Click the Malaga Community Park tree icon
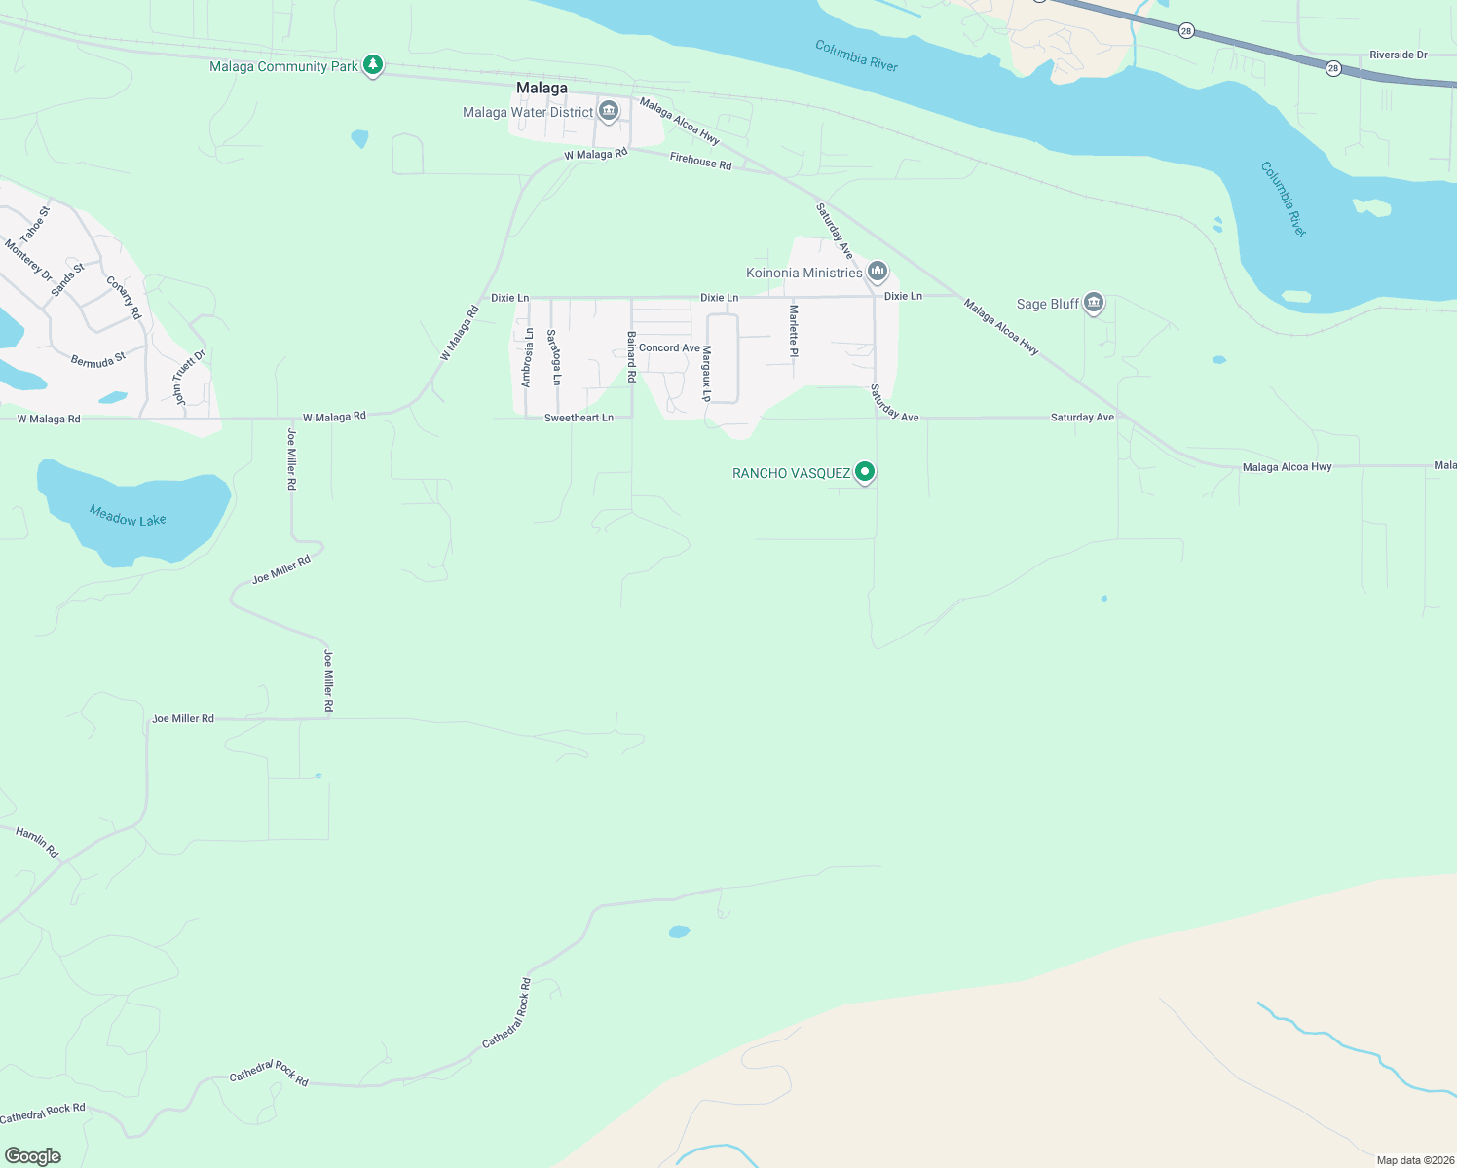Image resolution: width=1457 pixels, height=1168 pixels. (x=372, y=65)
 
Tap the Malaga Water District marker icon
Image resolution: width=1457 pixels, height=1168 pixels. (x=609, y=112)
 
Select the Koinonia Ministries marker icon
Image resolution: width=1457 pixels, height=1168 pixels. (x=877, y=272)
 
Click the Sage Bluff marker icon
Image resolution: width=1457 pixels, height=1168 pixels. (x=1093, y=303)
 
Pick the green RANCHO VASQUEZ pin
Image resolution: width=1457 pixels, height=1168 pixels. (x=864, y=472)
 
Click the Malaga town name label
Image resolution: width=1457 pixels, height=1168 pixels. (x=542, y=88)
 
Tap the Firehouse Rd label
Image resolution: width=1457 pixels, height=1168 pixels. (x=700, y=162)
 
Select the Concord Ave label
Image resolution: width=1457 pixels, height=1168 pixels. (x=669, y=347)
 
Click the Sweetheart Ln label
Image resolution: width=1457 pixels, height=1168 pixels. (x=579, y=418)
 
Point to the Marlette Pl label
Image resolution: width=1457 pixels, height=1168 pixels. (x=794, y=331)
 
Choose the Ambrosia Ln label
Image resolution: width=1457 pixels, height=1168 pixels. (x=527, y=357)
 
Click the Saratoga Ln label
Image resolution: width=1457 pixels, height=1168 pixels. (x=553, y=357)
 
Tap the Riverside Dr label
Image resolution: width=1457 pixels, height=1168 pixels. (x=1398, y=55)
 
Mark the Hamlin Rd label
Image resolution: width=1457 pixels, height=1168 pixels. (x=37, y=842)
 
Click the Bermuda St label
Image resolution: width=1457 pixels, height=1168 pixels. (x=98, y=360)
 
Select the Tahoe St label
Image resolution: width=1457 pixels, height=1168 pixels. (x=35, y=224)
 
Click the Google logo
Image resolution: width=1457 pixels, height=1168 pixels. (x=33, y=1156)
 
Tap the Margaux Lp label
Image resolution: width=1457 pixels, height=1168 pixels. (x=707, y=373)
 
